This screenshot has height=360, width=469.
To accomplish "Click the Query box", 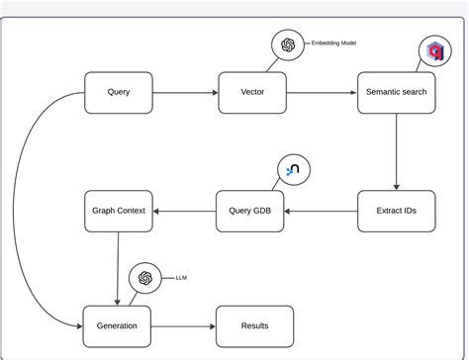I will click(118, 93).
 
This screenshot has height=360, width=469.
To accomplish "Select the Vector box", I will click(251, 93).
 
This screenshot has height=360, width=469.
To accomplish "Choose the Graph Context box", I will click(118, 210).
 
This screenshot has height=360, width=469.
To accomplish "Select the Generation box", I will click(118, 325).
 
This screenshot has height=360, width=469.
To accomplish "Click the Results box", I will click(254, 325).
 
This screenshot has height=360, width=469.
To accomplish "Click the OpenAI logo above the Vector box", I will click(289, 45).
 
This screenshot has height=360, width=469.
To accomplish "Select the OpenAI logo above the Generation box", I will click(144, 279).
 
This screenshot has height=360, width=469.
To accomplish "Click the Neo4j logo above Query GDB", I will click(294, 170).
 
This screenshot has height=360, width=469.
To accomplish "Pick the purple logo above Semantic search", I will click(432, 51).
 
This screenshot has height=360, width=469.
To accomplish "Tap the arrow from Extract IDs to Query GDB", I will click(321, 210).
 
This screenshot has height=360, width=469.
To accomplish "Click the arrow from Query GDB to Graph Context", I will click(184, 210).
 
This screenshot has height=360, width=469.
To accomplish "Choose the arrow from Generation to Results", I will click(184, 325).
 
